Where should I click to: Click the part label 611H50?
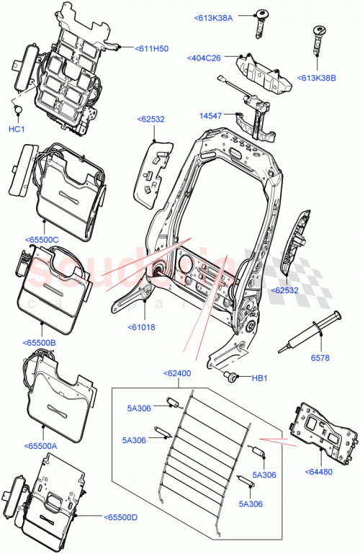tap(151, 48)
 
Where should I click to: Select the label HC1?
tap(16, 129)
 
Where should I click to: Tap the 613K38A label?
tap(214, 17)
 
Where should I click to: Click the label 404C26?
tap(204, 58)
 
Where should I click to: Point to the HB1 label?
tap(258, 377)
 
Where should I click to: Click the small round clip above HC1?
tap(17, 109)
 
